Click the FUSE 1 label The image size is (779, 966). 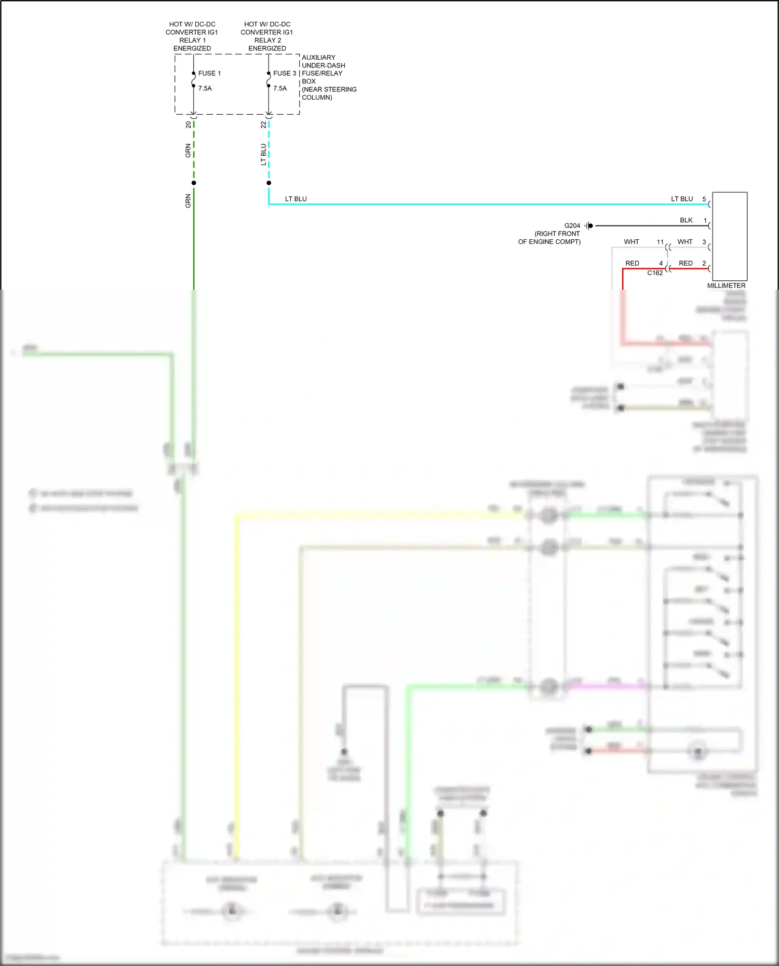pos(209,73)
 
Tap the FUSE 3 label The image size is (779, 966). pos(285,73)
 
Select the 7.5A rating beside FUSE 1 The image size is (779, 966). pos(205,88)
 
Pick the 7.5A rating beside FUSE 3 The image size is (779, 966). pos(280,88)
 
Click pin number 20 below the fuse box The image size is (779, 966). pos(188,125)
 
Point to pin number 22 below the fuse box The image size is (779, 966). pos(263,125)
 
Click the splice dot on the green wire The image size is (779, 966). pos(194,183)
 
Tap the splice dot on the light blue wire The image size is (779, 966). pos(268,183)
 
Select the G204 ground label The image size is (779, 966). pos(572,226)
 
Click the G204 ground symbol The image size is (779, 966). pos(588,226)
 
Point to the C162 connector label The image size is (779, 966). pos(655,273)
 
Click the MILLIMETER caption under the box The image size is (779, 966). pos(726,285)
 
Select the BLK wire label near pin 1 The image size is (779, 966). pos(686,220)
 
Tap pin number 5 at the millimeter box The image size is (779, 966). pos(704,199)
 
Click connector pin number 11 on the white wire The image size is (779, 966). pos(660,242)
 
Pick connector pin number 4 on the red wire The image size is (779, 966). pos(661,263)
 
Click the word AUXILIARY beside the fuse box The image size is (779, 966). pos(318,57)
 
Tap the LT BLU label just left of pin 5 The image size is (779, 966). pos(682,199)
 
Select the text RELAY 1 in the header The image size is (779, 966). pos(192,40)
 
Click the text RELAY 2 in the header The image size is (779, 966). pos(267,40)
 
